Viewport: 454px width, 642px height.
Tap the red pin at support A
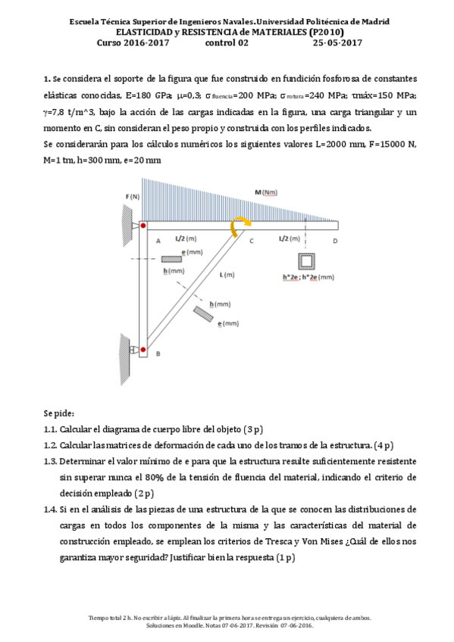[x=143, y=225]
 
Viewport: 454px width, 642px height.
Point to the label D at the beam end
[x=335, y=240]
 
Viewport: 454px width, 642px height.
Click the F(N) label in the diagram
[x=133, y=196]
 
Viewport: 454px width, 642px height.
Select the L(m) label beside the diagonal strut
[x=227, y=274]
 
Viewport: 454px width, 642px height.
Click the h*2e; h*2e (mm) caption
[x=308, y=277]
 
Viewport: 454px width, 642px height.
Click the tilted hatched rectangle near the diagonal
[x=202, y=311]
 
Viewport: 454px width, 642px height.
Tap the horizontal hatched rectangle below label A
[x=172, y=259]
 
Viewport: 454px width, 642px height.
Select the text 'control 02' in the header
[x=227, y=43]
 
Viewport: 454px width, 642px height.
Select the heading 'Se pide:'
[x=59, y=413]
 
